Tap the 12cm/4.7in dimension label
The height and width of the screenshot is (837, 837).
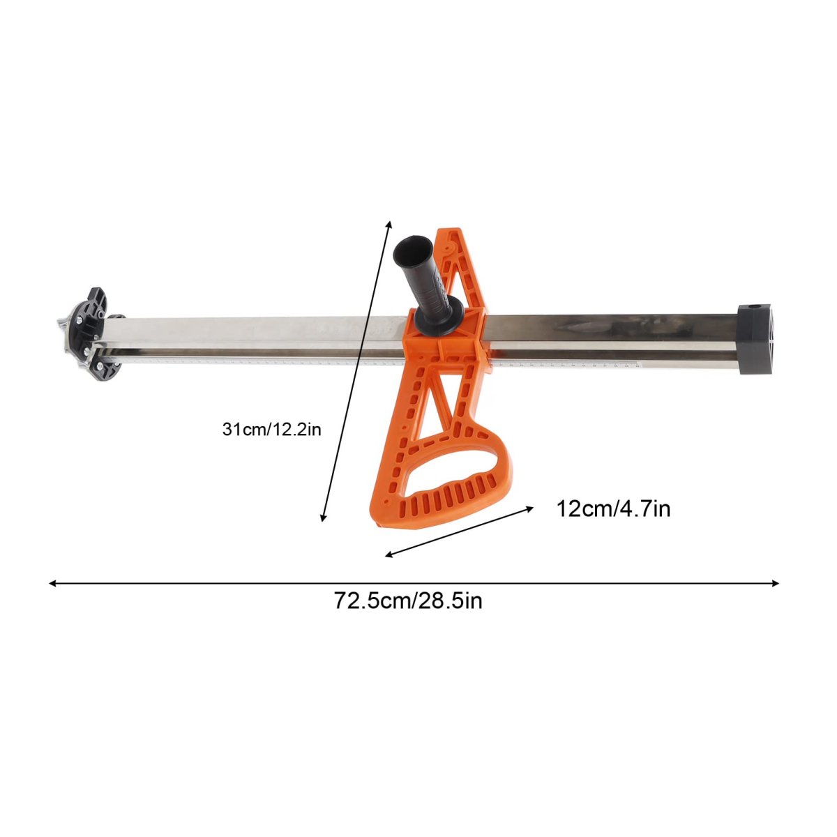613,508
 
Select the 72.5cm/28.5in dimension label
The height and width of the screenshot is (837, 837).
408,601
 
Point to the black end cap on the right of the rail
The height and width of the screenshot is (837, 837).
755,339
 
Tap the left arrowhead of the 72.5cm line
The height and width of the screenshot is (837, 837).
53,583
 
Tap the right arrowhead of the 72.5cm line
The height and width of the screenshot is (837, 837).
774,583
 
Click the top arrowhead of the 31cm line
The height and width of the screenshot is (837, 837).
389,225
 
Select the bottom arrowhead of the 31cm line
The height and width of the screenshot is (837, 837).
322,517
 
